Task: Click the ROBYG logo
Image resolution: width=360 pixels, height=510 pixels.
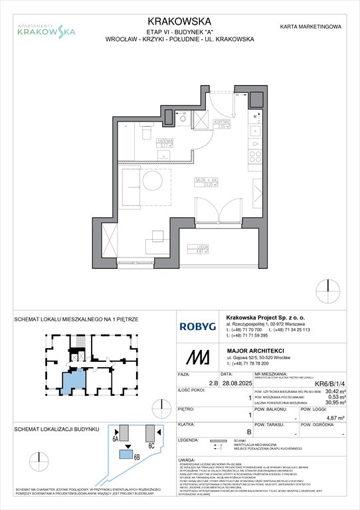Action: (x=199, y=327)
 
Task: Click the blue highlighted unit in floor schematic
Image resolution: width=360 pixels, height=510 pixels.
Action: (x=70, y=381)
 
